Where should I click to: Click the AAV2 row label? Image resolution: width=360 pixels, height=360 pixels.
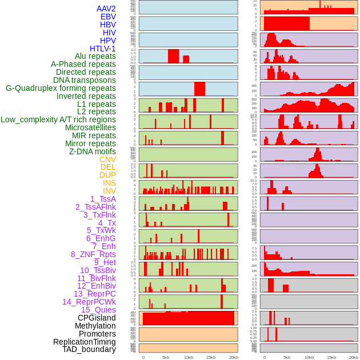[x=106, y=9]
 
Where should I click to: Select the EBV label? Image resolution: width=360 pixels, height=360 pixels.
[x=108, y=17]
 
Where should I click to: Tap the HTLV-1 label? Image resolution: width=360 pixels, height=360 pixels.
[x=103, y=49]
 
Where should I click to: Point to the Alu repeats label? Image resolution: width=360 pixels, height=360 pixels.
[x=95, y=56]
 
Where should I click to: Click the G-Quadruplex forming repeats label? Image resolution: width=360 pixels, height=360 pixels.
[x=61, y=88]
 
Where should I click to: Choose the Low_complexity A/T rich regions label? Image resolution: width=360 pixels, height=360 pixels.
[x=58, y=119]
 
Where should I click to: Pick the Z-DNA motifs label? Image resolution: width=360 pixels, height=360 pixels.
[x=93, y=151]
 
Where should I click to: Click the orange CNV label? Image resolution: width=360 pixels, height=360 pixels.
[x=107, y=159]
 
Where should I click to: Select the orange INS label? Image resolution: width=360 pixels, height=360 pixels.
[x=109, y=183]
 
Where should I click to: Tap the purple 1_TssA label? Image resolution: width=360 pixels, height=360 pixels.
[x=103, y=199]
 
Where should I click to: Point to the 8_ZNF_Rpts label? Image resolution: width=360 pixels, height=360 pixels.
[x=93, y=254]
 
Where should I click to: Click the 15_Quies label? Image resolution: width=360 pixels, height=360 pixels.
[x=98, y=310]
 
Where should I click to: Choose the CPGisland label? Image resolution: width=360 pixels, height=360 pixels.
[x=97, y=318]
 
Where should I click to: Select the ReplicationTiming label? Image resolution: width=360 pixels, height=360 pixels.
[x=85, y=342]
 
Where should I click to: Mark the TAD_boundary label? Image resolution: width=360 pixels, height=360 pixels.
[x=89, y=349]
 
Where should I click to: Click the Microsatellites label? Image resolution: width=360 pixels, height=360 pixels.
[x=90, y=127]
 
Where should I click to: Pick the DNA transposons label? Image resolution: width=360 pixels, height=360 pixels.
[x=85, y=80]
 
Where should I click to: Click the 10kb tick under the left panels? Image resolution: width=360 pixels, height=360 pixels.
[x=189, y=358]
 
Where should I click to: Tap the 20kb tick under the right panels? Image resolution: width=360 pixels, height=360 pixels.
[x=354, y=358]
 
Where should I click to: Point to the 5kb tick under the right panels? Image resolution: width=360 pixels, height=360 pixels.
[x=287, y=358]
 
